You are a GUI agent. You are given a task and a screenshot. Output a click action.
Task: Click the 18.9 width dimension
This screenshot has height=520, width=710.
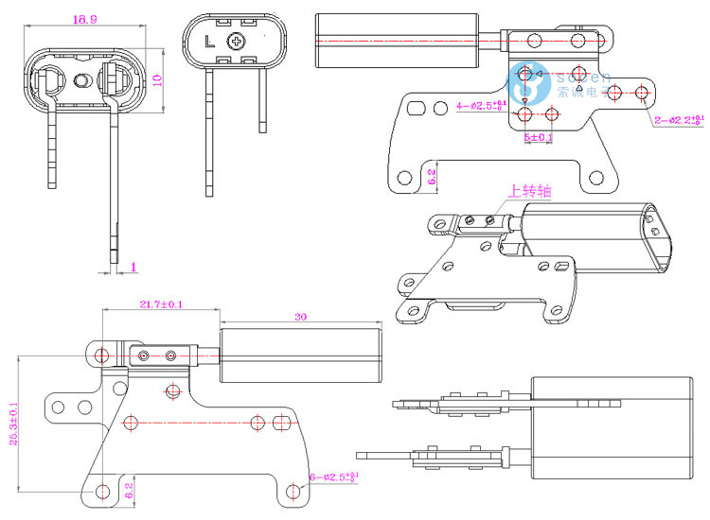84,19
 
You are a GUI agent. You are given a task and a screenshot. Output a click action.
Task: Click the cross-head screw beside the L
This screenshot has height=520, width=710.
236,42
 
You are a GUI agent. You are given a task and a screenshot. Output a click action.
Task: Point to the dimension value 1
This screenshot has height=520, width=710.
133,268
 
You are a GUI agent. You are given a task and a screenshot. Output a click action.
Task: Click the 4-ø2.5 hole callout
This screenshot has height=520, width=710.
482,104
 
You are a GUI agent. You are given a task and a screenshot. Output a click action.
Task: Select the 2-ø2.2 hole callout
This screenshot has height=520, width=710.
681,120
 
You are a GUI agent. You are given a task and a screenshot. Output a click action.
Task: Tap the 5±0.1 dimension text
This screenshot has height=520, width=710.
539,137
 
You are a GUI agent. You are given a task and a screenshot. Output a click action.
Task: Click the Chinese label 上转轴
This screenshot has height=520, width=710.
530,191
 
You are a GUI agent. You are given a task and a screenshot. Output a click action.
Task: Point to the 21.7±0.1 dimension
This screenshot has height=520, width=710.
161,303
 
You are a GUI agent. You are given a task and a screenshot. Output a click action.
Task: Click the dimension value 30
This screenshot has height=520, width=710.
301,317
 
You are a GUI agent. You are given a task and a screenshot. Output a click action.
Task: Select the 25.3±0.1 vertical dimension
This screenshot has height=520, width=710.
13,424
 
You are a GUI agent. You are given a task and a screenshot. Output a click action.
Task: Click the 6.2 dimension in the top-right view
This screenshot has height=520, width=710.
432,176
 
